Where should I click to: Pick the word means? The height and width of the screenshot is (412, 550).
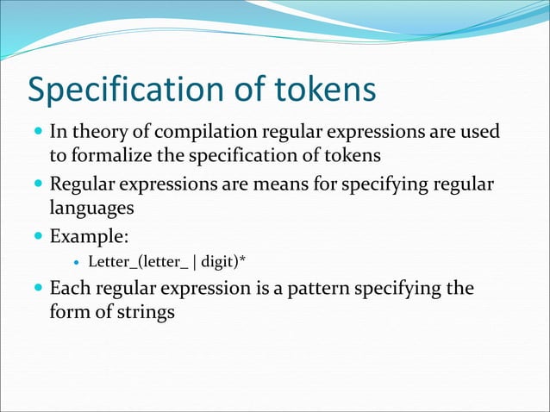click(287, 184)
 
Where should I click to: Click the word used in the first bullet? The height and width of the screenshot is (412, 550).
click(480, 134)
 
